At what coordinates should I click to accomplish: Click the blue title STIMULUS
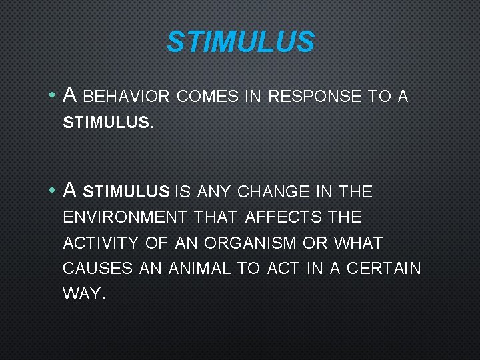pos(240,41)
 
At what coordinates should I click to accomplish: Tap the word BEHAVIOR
pos(127,97)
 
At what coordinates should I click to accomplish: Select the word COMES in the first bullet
pos(208,97)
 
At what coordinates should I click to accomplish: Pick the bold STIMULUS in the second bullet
pos(127,193)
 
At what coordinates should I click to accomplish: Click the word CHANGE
pos(273,193)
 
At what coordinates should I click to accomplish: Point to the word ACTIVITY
pos(101,243)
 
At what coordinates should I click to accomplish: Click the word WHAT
pos(359,243)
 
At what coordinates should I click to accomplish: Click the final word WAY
pos(83,294)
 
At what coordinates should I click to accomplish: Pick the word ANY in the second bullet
pos(213,193)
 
